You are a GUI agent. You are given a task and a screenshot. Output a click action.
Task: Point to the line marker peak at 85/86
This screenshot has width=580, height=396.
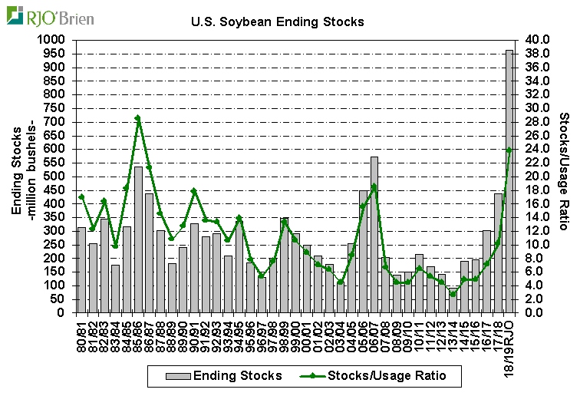point(138,118)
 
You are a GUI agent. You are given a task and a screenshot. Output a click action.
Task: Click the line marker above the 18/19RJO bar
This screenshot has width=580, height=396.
point(509,150)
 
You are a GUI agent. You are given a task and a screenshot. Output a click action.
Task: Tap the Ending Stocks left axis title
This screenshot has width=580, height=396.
point(22,177)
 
